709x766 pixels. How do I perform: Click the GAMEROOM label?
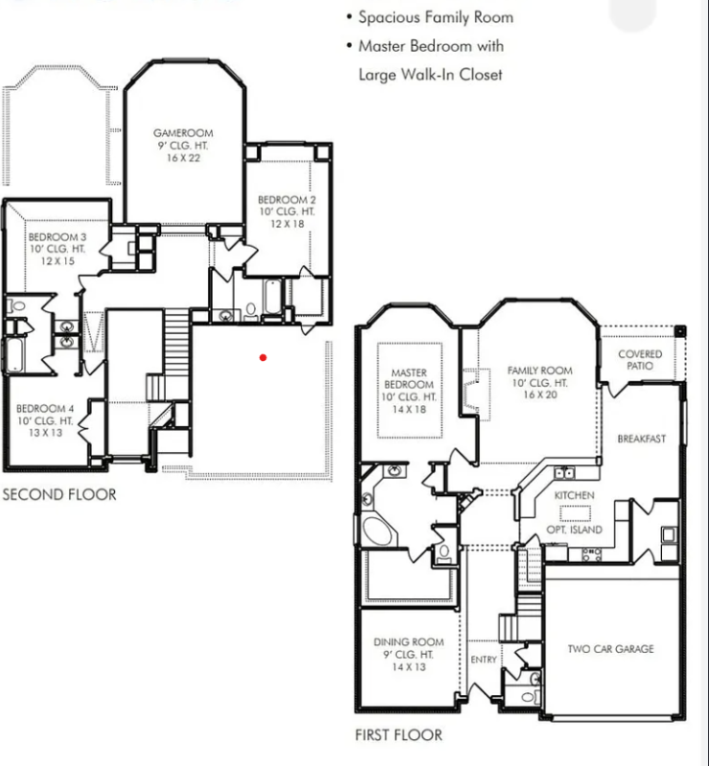click(x=183, y=133)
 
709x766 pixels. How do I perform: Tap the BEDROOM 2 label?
click(x=286, y=199)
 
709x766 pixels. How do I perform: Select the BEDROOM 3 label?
click(x=57, y=237)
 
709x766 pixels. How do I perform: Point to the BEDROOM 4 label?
click(x=44, y=409)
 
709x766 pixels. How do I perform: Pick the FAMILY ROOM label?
click(x=539, y=371)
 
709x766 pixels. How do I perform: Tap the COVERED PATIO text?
click(x=639, y=360)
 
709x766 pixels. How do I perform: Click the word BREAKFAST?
click(x=641, y=439)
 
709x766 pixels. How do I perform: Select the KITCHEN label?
click(x=574, y=495)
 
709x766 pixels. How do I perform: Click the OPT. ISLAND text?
click(x=578, y=529)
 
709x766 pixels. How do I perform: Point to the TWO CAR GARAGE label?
click(x=610, y=649)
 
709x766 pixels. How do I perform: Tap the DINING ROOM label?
click(x=408, y=642)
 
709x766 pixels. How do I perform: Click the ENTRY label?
click(x=484, y=660)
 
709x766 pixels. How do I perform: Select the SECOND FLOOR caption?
click(x=59, y=495)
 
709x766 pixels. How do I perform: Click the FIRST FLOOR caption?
click(x=399, y=735)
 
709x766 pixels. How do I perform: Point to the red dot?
click(x=263, y=358)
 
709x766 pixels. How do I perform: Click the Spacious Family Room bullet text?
click(x=435, y=17)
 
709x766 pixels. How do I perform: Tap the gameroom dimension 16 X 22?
click(x=183, y=158)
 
